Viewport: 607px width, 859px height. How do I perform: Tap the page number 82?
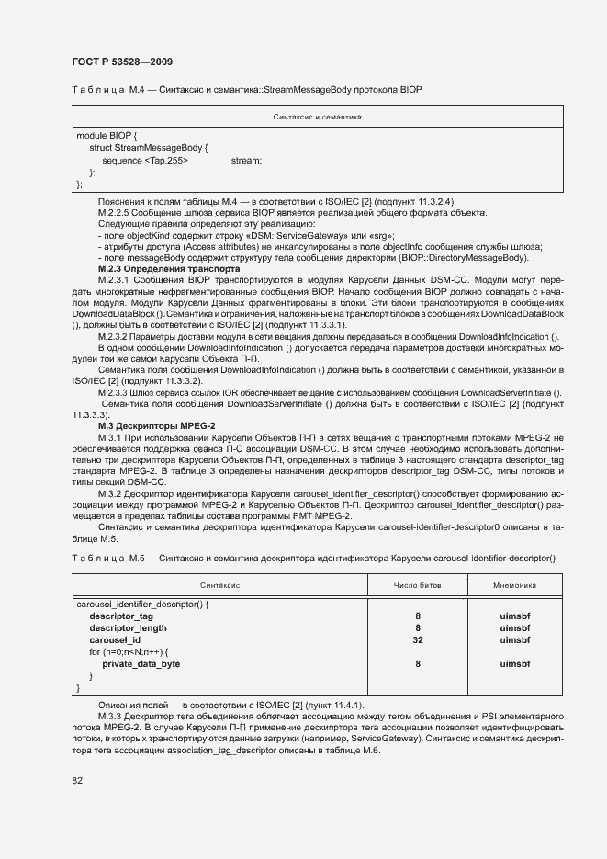coord(77,780)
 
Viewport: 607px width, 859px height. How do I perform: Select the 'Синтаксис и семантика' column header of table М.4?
coord(319,118)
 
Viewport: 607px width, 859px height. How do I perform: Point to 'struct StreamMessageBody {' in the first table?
coord(149,147)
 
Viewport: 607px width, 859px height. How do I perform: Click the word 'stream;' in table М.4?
coord(246,160)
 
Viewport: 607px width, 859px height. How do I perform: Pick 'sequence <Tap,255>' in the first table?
coord(145,160)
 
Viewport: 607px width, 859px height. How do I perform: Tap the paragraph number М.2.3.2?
coord(118,337)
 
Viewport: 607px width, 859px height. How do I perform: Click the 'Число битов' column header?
coord(417,585)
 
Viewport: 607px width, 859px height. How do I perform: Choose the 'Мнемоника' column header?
coord(514,585)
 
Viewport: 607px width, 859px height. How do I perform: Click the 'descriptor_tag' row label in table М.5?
coord(121,616)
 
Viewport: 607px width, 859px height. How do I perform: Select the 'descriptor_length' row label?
coord(127,627)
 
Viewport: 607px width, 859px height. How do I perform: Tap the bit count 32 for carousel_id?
coord(418,639)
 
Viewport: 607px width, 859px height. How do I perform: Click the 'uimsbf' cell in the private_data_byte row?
coord(514,663)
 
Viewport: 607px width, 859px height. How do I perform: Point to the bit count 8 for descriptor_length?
coord(418,627)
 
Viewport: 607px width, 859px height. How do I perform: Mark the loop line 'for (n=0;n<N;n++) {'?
coord(129,651)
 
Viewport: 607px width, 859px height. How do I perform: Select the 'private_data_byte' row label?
coord(141,663)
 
